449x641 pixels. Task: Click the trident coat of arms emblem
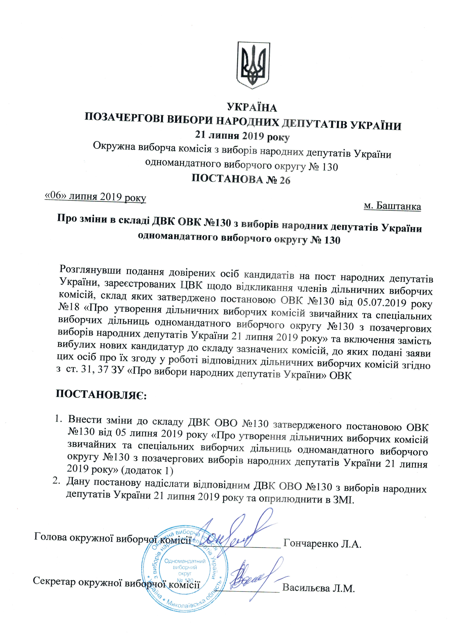click(x=253, y=65)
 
